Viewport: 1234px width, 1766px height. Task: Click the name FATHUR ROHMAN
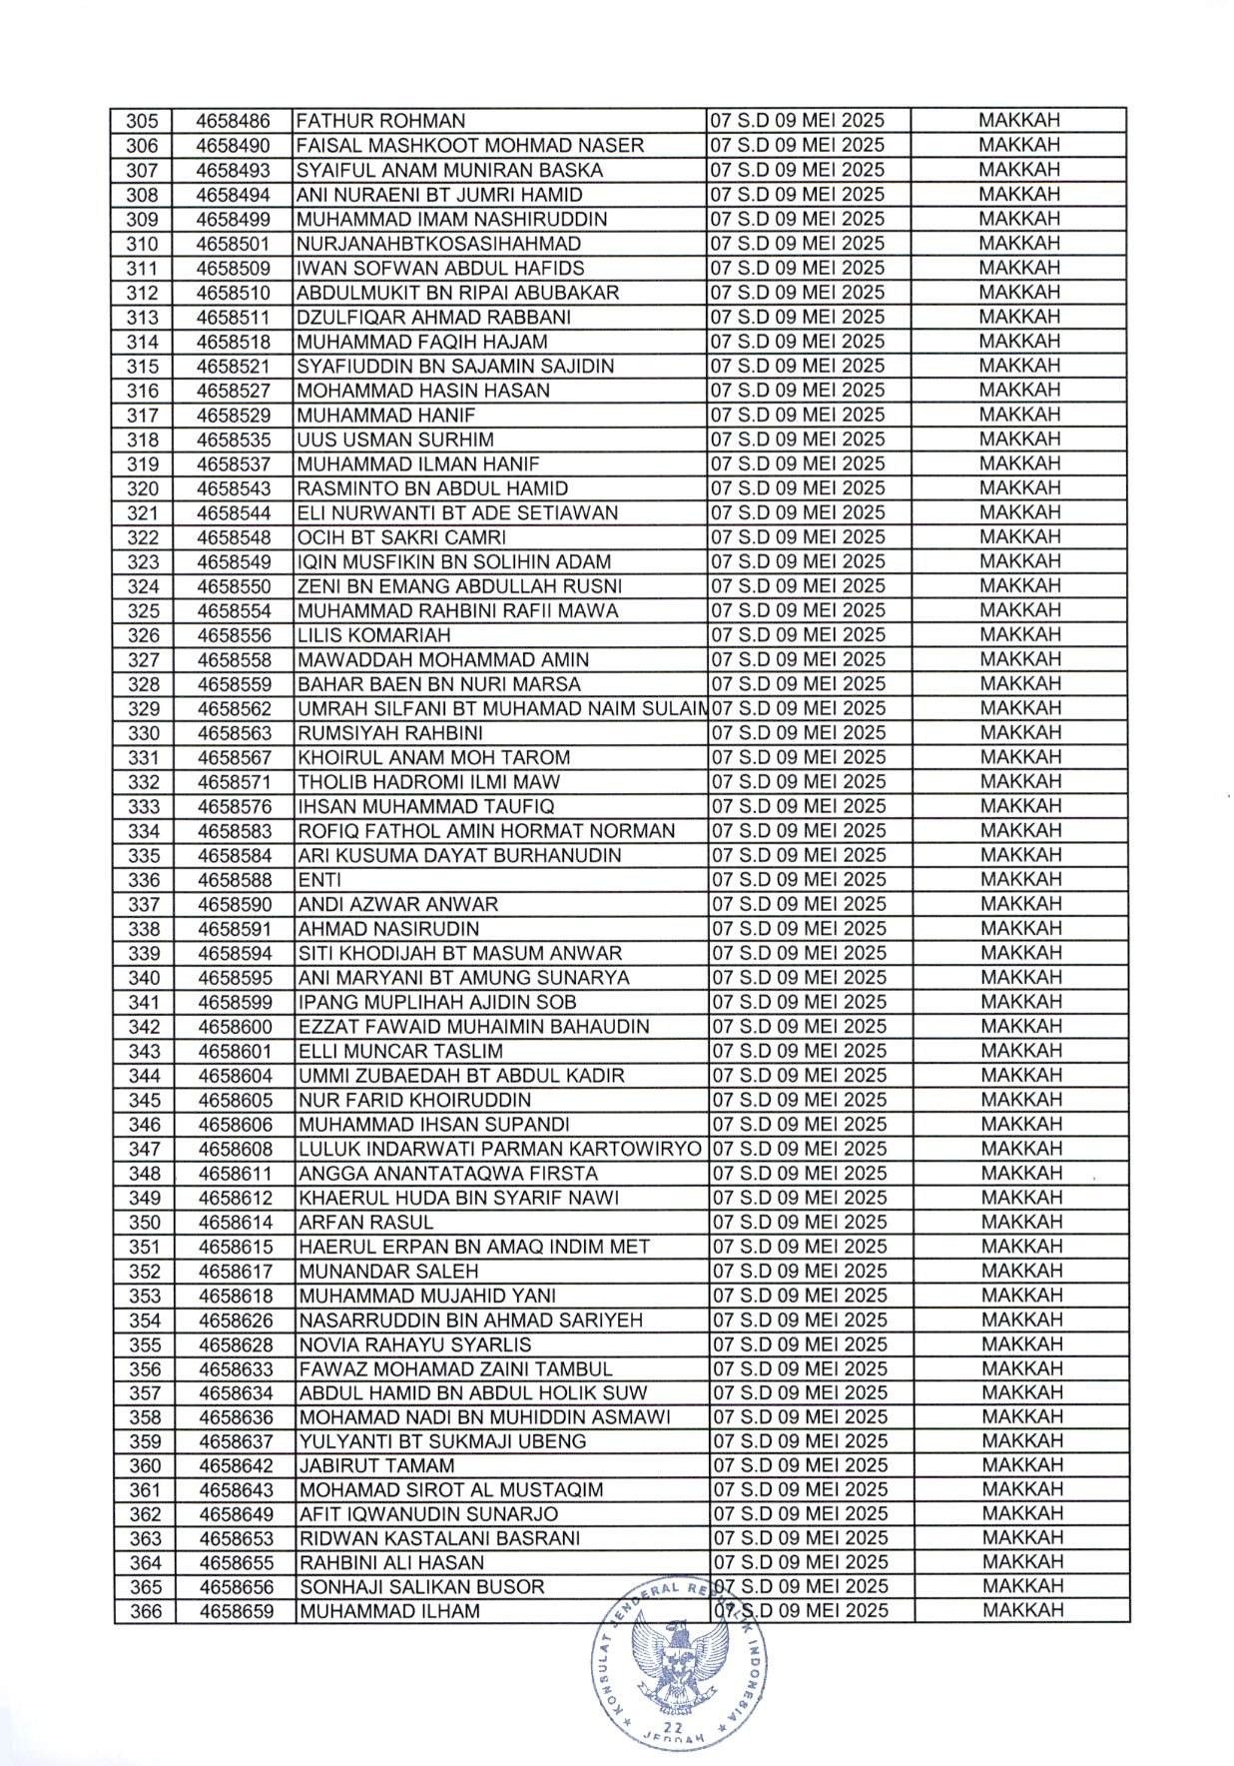point(380,121)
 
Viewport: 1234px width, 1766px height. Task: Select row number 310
point(143,244)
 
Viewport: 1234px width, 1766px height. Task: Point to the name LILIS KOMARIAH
point(374,635)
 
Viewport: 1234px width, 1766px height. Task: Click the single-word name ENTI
point(319,880)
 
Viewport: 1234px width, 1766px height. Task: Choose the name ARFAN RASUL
point(365,1223)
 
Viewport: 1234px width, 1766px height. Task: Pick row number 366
point(145,1611)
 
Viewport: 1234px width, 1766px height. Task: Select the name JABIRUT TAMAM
point(376,1466)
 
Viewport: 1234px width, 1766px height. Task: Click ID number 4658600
point(236,1027)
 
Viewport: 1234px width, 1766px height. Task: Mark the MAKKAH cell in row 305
point(1018,121)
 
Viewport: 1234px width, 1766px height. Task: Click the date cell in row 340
point(798,978)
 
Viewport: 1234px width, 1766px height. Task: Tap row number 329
point(143,709)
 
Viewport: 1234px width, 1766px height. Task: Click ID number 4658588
point(236,880)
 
